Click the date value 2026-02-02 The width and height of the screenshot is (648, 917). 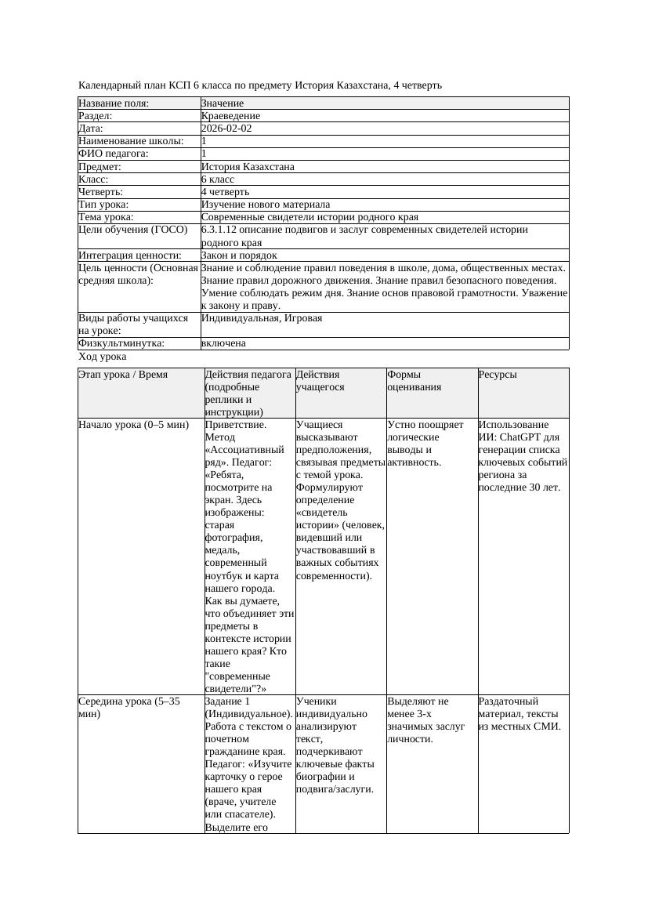[226, 129]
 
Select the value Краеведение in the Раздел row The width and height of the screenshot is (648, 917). [230, 116]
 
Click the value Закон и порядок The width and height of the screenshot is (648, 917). [239, 256]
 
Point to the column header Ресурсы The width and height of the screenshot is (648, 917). [498, 375]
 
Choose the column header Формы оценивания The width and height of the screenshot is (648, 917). [414, 381]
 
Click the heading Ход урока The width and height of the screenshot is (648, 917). [102, 357]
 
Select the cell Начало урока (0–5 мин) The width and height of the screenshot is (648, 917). [134, 425]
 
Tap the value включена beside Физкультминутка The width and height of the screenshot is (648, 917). [223, 343]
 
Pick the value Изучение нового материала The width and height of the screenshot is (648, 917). [265, 205]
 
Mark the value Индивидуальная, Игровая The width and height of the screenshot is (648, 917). [262, 318]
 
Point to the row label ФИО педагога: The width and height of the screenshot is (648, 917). [114, 154]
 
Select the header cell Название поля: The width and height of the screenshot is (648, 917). [114, 103]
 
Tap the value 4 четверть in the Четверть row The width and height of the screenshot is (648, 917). [225, 192]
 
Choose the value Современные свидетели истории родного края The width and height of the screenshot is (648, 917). [310, 217]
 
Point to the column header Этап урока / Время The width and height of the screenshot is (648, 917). [123, 375]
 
